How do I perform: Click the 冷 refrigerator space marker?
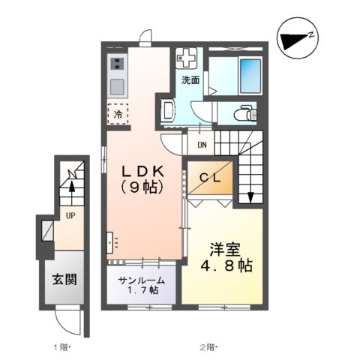coord(118,114)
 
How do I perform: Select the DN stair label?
coord(202,144)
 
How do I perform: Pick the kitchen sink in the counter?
coord(118,83)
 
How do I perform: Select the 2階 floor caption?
coord(208,346)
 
